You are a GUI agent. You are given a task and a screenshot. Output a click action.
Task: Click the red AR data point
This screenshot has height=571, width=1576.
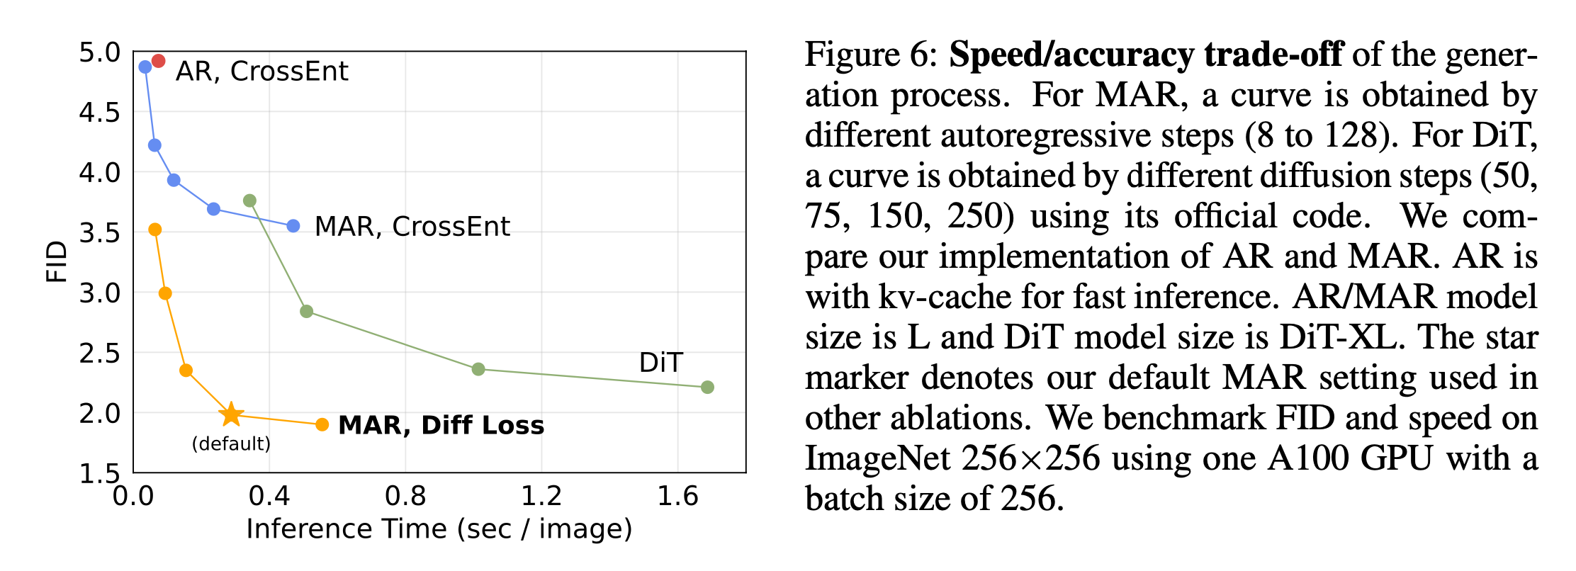[158, 62]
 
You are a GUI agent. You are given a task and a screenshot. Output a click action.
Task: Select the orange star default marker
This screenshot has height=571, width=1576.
[231, 414]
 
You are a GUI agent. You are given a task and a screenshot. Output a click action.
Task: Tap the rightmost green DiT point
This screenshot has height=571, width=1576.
[707, 387]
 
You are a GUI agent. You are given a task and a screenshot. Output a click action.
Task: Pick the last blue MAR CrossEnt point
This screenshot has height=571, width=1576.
[293, 226]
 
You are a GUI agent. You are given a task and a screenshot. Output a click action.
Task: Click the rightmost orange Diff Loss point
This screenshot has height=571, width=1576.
[322, 424]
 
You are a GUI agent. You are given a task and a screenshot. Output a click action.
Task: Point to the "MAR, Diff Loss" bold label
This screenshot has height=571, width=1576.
[441, 425]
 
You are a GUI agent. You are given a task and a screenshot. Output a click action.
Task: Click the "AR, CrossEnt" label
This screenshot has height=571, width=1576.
[261, 72]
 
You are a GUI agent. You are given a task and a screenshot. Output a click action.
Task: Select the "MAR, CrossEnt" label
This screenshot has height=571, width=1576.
[412, 227]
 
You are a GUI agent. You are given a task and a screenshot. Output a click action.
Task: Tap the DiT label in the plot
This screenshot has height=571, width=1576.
[660, 363]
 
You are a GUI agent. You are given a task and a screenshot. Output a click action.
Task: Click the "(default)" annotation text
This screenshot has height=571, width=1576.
[231, 444]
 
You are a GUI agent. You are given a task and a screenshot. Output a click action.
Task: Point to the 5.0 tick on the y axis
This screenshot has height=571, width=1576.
[99, 52]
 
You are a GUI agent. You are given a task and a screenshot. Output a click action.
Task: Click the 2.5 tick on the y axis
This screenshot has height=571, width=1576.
[99, 353]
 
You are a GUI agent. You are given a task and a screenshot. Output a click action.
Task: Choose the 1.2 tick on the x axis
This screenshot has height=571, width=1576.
[541, 497]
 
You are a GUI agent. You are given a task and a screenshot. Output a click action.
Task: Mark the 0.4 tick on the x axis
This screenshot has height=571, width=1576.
[269, 497]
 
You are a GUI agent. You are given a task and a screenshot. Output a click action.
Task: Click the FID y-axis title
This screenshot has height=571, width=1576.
[56, 261]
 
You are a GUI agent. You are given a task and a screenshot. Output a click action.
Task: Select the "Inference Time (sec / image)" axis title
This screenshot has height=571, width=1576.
[439, 529]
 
